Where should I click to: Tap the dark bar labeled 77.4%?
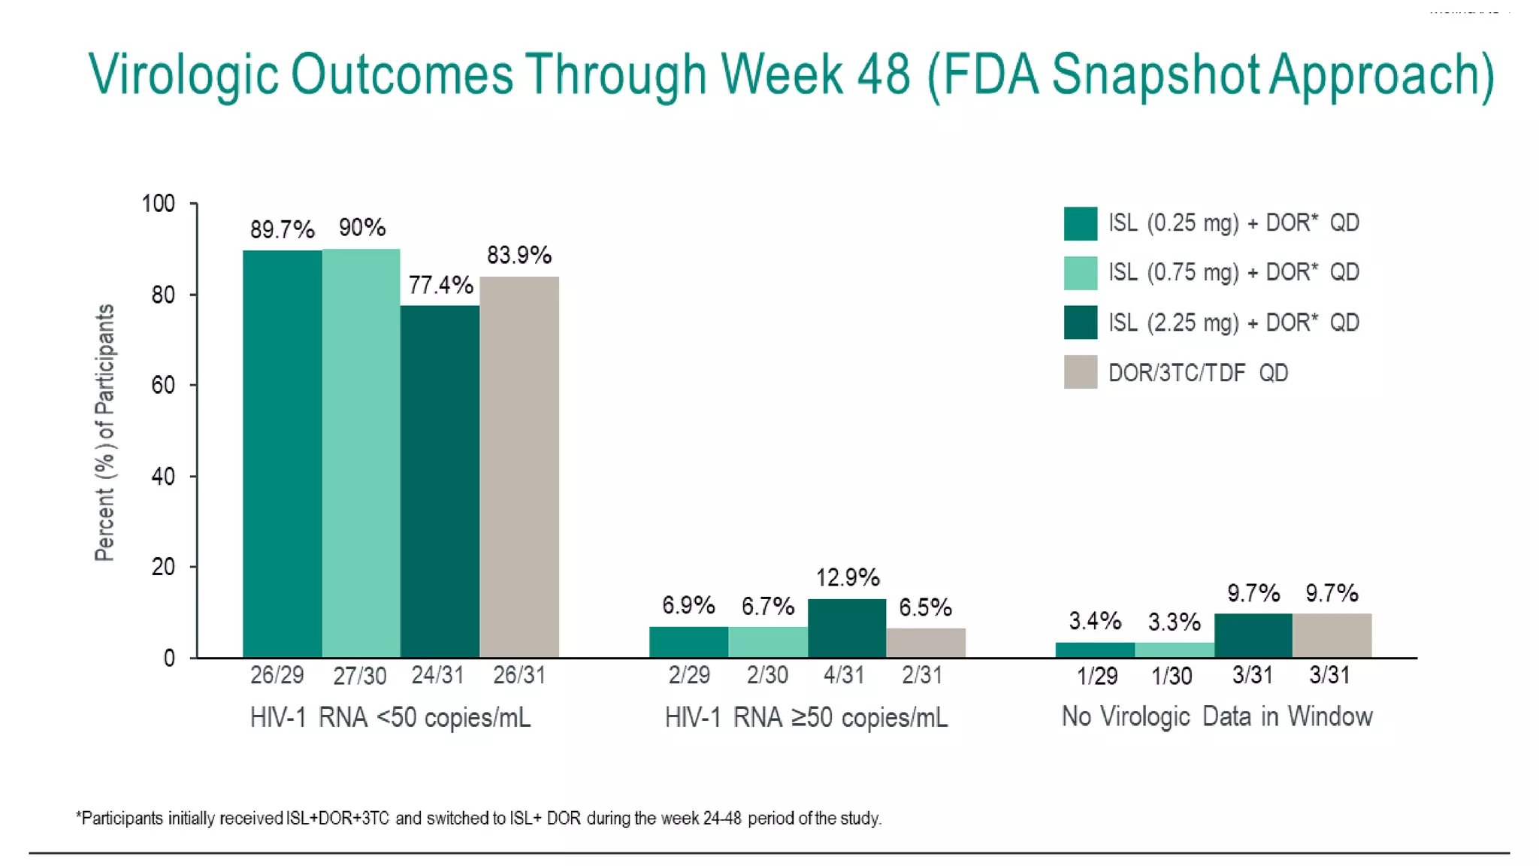coord(440,481)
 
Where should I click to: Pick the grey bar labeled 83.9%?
coord(519,467)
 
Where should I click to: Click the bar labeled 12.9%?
coord(847,628)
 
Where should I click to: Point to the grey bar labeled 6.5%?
coord(926,643)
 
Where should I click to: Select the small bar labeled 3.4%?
coord(1095,650)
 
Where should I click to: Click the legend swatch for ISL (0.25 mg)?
coord(1080,223)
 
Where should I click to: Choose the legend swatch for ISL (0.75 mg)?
coord(1080,273)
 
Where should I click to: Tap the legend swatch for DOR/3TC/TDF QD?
coord(1080,372)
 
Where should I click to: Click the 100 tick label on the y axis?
coord(158,204)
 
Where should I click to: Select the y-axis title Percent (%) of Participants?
coord(105,432)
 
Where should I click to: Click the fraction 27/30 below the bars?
coord(359,676)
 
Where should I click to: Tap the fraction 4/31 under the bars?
coord(843,675)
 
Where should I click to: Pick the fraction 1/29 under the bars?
coord(1096,676)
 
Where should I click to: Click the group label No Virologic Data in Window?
coord(1217,716)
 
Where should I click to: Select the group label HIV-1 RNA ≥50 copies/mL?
coord(806,718)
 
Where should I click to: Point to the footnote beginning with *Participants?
coord(479,818)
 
